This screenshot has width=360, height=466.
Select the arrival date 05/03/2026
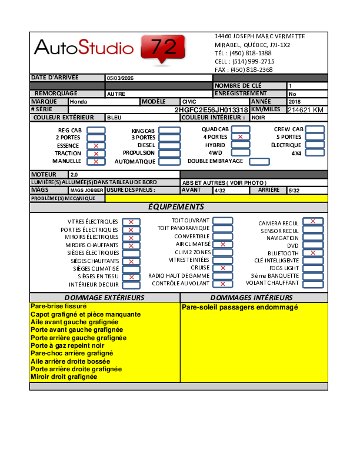(120, 78)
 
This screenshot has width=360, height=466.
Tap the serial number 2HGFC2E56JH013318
(211, 110)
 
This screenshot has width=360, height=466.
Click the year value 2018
(295, 102)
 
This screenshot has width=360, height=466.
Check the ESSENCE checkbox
(96, 145)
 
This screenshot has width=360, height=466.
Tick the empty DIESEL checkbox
(169, 145)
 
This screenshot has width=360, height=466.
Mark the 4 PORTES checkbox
(240, 137)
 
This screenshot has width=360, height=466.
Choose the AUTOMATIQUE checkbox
(169, 161)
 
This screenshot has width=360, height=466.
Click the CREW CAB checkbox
(315, 129)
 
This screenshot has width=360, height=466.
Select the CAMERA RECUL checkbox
(313, 221)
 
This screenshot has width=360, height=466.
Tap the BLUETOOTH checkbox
(313, 253)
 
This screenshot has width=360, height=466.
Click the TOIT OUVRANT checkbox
(222, 221)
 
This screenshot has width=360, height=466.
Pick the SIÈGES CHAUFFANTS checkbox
(131, 261)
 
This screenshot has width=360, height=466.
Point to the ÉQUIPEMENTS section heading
(176, 207)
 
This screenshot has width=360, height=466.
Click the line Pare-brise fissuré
(58, 307)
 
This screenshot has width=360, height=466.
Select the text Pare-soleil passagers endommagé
(240, 308)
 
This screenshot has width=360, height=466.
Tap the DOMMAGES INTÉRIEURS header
(251, 298)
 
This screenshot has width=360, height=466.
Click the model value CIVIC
(189, 102)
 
